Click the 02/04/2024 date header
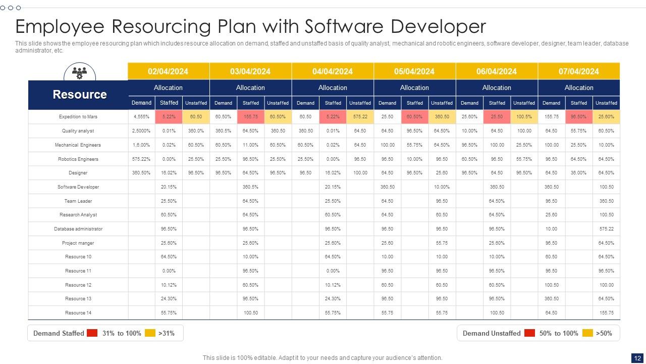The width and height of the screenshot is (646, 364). click(x=168, y=71)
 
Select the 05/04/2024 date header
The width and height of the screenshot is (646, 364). click(x=414, y=71)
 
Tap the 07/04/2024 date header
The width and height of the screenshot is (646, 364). click(x=578, y=71)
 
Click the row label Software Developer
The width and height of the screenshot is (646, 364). click(x=78, y=187)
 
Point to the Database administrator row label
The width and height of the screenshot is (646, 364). click(x=78, y=229)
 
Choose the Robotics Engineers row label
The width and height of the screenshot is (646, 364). click(x=78, y=159)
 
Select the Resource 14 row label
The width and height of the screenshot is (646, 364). click(x=78, y=313)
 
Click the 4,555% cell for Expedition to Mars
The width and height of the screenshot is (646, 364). click(x=141, y=117)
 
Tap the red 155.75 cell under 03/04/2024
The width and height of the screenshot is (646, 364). click(x=251, y=117)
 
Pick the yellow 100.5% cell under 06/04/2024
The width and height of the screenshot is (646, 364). click(x=524, y=117)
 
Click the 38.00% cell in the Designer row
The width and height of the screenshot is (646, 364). click(x=578, y=173)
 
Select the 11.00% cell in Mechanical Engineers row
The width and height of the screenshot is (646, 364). click(x=251, y=145)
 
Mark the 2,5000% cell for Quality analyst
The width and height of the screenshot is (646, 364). click(x=141, y=131)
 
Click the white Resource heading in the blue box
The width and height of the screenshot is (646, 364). click(x=80, y=95)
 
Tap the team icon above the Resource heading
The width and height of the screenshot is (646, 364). click(x=79, y=73)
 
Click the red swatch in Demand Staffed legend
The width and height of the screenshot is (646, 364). click(x=92, y=333)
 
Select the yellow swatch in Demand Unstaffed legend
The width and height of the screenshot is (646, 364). click(x=587, y=333)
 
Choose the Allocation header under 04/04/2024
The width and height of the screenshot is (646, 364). click(x=333, y=87)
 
